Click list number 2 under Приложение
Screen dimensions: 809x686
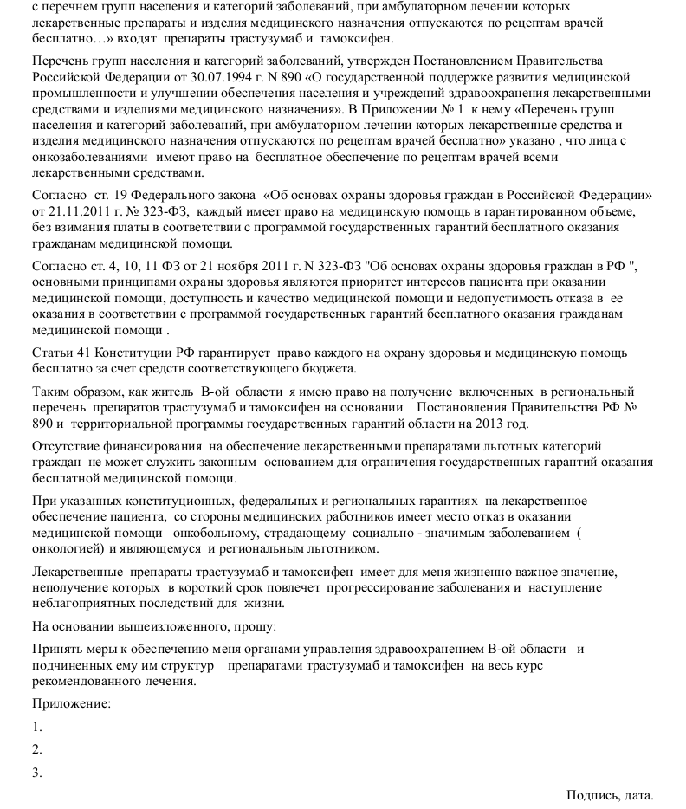pyautogui.click(x=36, y=750)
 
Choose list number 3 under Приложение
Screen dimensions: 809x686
pyautogui.click(x=36, y=773)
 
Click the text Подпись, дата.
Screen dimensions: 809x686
pyautogui.click(x=610, y=795)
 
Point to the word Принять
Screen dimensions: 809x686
pyautogui.click(x=56, y=650)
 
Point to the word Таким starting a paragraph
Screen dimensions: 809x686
pyautogui.click(x=51, y=392)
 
